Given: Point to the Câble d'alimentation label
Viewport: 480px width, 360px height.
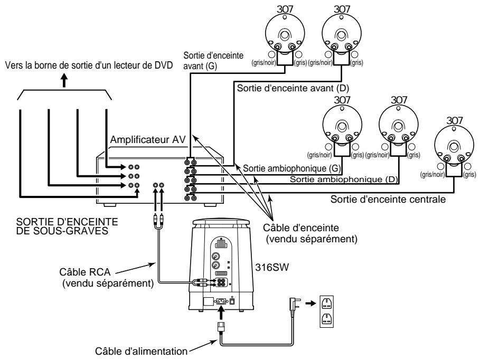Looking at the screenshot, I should point(139,349).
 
